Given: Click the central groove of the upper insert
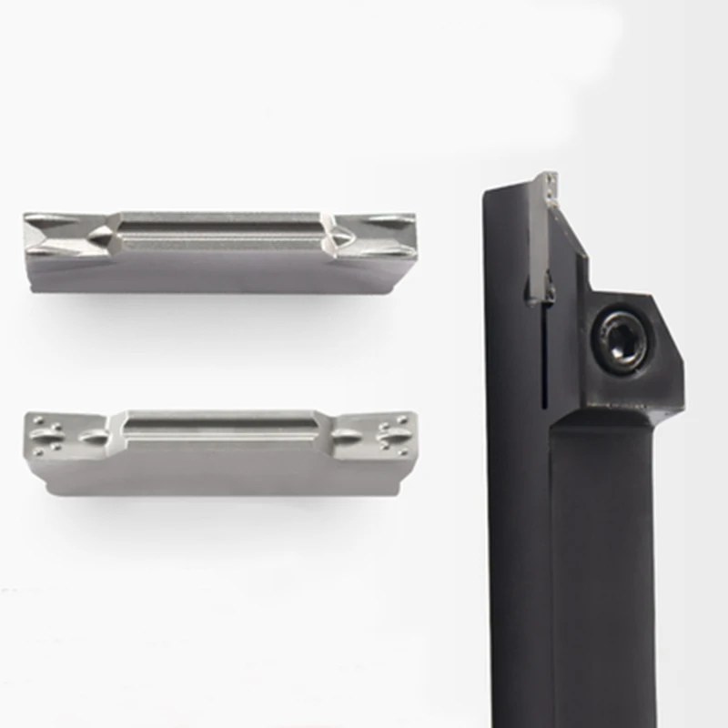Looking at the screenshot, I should coord(218,232).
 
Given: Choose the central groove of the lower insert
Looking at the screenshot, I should coord(218,424).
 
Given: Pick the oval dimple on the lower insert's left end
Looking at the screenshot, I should coord(94,437).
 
